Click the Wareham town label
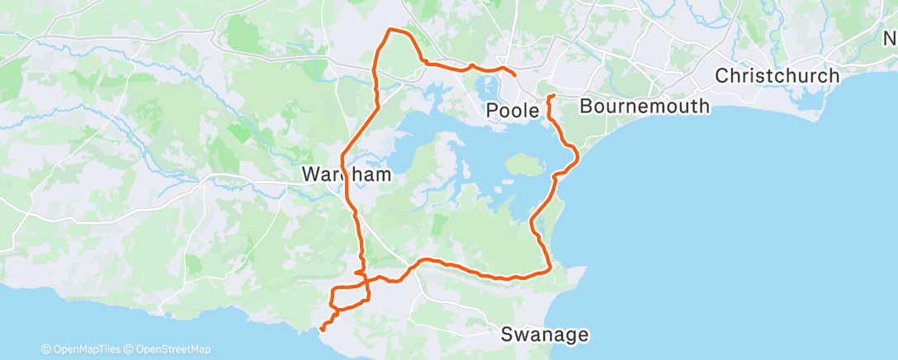pyautogui.click(x=347, y=175)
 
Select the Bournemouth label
pyautogui.click(x=645, y=106)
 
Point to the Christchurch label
pyautogui.click(x=777, y=76)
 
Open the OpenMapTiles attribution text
pyautogui.click(x=87, y=349)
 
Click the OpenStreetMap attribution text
pyautogui.click(x=173, y=349)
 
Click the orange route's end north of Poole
pyautogui.click(x=516, y=76)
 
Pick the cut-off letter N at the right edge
pyautogui.click(x=890, y=39)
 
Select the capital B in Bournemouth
pyautogui.click(x=586, y=106)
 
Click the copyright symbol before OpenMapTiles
pyautogui.click(x=46, y=349)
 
